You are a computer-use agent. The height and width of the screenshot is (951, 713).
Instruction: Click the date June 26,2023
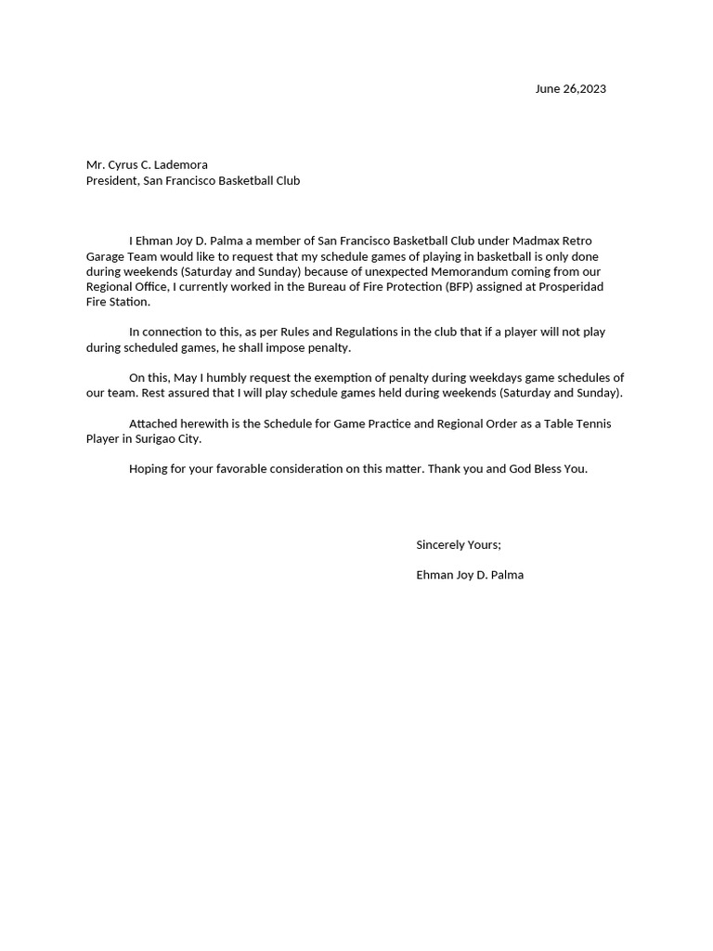tap(570, 89)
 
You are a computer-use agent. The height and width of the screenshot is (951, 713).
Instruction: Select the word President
tap(111, 180)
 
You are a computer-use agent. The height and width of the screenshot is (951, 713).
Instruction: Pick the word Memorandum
tap(470, 271)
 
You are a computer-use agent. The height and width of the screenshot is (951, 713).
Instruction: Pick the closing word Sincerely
tap(442, 544)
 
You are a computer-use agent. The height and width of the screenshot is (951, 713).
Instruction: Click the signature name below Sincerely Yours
tap(470, 575)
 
